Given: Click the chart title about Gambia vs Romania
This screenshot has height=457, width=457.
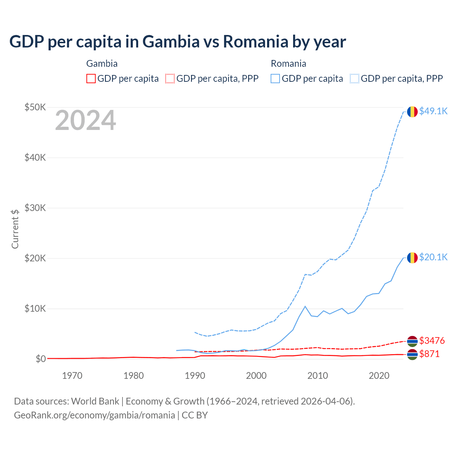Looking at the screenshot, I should (x=177, y=42).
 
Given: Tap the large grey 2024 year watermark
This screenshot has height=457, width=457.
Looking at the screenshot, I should (x=85, y=120).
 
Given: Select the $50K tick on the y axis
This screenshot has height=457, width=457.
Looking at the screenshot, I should (x=35, y=107).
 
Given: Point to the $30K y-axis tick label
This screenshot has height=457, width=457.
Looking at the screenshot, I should (x=35, y=208).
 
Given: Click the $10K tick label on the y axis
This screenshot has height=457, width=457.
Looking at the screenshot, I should (x=35, y=308).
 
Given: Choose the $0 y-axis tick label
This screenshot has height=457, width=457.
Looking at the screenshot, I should (x=41, y=359).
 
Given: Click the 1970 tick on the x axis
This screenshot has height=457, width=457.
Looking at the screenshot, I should (x=72, y=376).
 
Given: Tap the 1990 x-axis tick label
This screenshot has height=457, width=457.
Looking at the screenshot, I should (x=195, y=376).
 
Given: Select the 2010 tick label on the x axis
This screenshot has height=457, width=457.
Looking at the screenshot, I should (x=317, y=376).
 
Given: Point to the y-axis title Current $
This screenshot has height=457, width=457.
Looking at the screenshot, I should (x=15, y=229).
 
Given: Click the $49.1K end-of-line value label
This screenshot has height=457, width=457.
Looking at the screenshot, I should (x=433, y=111).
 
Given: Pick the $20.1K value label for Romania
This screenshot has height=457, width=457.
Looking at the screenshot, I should (x=433, y=257).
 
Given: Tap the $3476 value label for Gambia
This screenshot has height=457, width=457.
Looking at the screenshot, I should (x=432, y=341).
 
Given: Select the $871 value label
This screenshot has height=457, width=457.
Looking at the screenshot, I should (x=429, y=354).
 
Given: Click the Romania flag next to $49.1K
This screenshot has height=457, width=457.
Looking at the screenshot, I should (x=412, y=112).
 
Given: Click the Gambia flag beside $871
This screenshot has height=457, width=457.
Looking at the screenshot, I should (x=412, y=355).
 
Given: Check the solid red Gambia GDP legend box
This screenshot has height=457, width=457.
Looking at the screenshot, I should (x=91, y=79).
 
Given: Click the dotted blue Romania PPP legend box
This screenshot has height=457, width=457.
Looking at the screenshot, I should (x=355, y=79).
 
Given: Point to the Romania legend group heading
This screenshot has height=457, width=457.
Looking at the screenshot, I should (x=288, y=64).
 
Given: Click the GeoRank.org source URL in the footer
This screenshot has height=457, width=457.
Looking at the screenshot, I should (x=94, y=415).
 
